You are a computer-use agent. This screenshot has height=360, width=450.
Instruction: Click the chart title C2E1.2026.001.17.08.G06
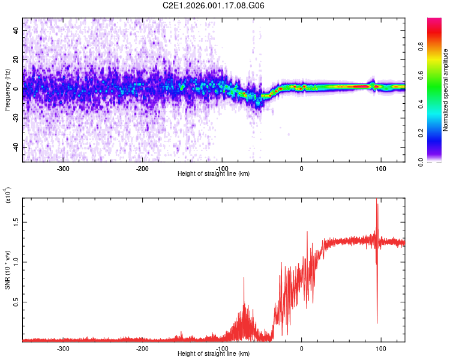tap(214, 6)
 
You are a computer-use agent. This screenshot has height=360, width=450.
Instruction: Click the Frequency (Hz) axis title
tap(7, 89)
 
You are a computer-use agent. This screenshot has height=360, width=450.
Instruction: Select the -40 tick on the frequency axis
tap(16, 147)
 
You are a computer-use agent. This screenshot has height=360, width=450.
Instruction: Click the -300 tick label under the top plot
tap(63, 168)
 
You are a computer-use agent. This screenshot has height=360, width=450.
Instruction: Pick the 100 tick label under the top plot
tap(380, 168)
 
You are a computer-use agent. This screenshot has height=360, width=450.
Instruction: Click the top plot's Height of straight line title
tap(214, 174)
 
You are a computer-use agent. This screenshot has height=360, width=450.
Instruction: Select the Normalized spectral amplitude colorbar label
tap(446, 90)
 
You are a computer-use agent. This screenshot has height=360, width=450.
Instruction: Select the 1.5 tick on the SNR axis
tap(16, 221)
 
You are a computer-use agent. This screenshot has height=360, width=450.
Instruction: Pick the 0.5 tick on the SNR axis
tap(16, 301)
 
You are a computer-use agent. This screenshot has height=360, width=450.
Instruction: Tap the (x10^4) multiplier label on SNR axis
tap(7, 195)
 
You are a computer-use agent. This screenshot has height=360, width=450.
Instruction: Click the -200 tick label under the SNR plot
tap(142, 348)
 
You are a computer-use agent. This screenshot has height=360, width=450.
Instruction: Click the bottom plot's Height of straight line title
tap(214, 354)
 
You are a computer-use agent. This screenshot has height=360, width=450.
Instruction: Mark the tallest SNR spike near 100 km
tap(377, 202)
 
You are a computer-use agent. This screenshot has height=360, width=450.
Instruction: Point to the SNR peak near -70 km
tap(244, 278)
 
